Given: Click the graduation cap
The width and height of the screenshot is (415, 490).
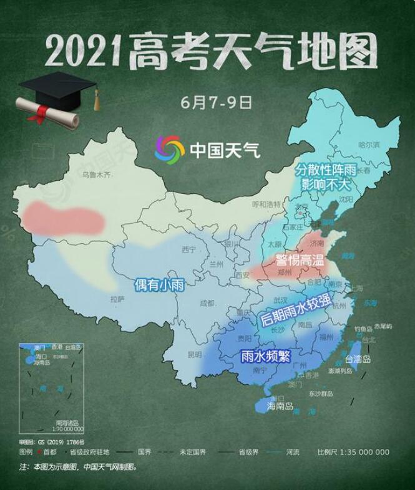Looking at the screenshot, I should [x=57, y=87].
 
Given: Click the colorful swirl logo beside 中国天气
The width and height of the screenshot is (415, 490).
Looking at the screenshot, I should [x=170, y=150].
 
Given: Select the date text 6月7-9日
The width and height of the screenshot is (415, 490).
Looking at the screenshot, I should [x=217, y=102].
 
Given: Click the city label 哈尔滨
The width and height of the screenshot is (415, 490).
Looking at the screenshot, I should [x=369, y=145].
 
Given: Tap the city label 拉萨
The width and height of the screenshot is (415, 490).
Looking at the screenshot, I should [x=117, y=299].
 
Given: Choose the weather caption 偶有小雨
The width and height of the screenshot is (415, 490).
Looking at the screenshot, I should [x=160, y=286].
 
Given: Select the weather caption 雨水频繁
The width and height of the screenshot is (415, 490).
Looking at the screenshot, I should [x=263, y=357].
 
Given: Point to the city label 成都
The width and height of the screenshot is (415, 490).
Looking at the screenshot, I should [x=207, y=304].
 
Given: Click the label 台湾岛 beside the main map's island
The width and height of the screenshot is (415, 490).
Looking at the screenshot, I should [x=358, y=360].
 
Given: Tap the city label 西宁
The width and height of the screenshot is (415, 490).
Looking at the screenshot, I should [x=188, y=250].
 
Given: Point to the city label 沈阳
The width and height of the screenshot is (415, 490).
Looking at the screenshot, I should [x=346, y=199].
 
